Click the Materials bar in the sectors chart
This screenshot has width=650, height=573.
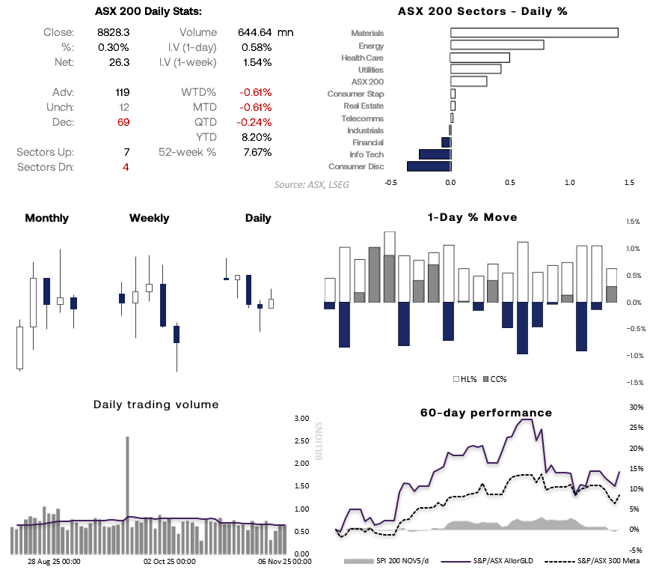click(534, 33)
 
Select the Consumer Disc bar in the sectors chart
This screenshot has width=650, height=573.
click(429, 166)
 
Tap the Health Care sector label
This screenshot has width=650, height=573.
click(362, 58)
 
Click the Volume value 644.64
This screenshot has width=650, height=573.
click(253, 32)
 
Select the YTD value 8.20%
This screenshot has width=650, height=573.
click(256, 137)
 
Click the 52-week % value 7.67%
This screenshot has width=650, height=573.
click(256, 152)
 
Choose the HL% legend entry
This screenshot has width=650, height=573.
click(466, 379)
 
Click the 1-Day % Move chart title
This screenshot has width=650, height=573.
click(472, 218)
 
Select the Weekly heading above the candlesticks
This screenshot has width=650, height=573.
click(149, 218)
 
